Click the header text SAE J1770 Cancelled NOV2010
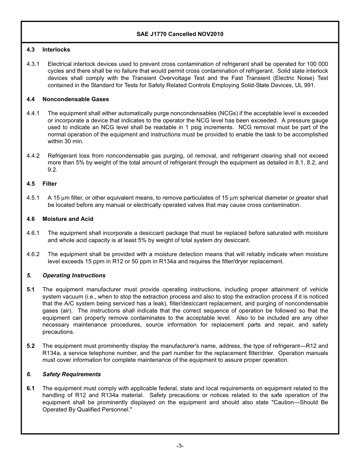(180, 34)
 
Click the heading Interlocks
(56, 50)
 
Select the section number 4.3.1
(33, 64)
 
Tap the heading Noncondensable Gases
(75, 99)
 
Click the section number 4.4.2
(33, 156)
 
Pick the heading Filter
(50, 184)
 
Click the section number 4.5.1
(33, 198)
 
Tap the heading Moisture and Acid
(67, 219)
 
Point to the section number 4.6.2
(33, 254)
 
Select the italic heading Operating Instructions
(74, 275)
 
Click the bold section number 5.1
(31, 289)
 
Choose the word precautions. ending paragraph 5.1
(58, 332)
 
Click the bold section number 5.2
(31, 346)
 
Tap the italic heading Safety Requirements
(72, 374)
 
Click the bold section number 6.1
(31, 388)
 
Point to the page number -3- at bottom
(180, 446)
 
